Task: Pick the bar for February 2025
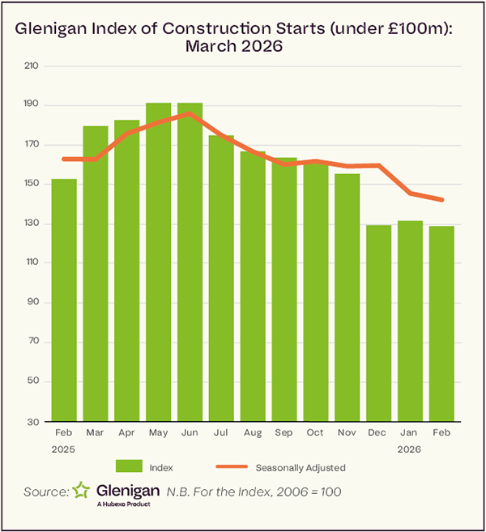click(x=64, y=300)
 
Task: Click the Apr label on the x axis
click(x=126, y=434)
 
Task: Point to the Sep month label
click(x=283, y=434)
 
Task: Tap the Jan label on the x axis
click(x=410, y=434)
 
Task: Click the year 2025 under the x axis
click(x=64, y=448)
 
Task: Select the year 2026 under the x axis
click(x=410, y=448)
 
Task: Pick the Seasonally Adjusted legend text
click(x=301, y=467)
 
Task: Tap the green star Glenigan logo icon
click(x=82, y=491)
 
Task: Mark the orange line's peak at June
click(x=189, y=113)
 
